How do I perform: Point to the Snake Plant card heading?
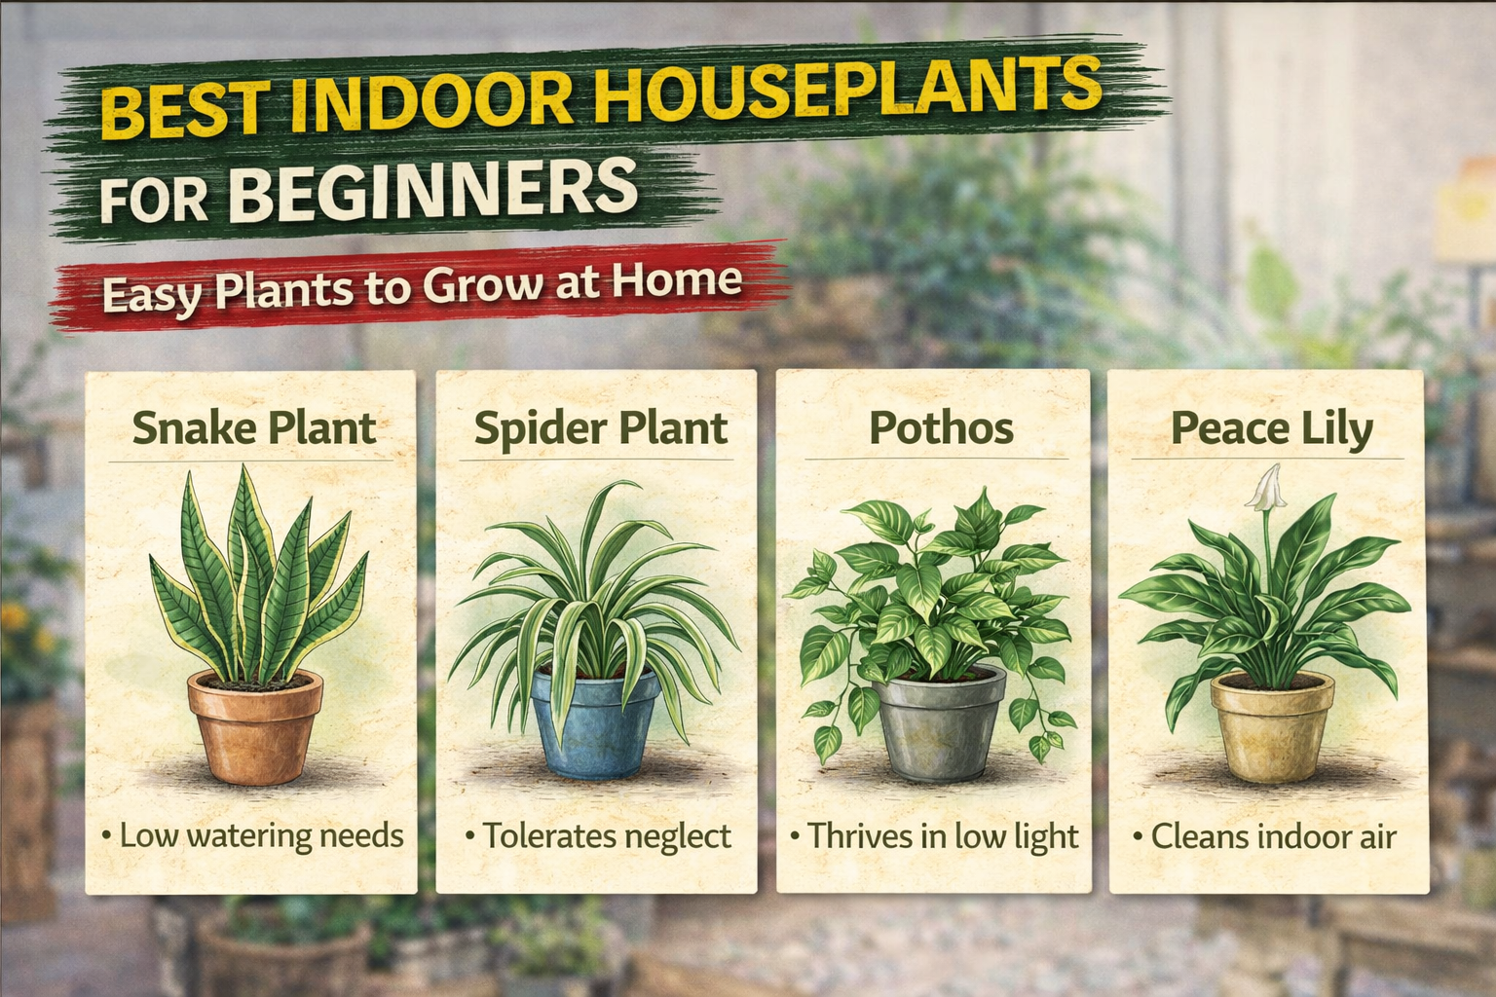coord(253,428)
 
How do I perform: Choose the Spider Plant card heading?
coord(600,428)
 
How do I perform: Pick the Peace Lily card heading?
coord(1271,428)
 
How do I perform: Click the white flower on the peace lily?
coord(1268,487)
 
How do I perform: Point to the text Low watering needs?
coord(259,835)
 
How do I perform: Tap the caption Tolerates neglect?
coord(605,835)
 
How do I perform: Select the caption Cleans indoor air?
coord(1272,835)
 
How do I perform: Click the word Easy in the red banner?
coord(151,294)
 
